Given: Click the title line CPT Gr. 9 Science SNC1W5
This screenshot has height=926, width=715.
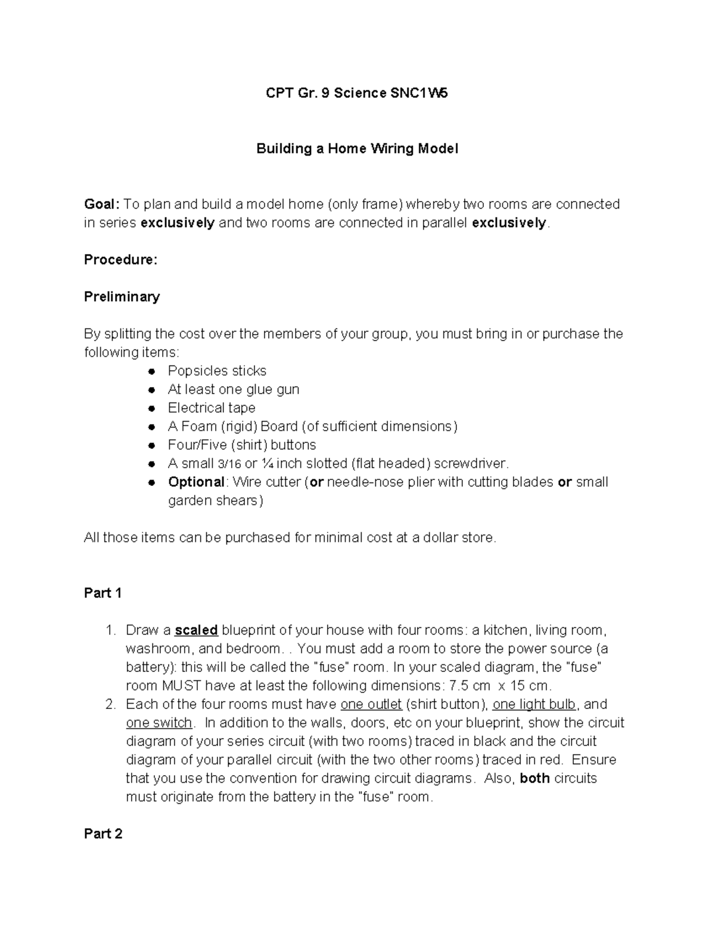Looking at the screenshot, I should point(356,93).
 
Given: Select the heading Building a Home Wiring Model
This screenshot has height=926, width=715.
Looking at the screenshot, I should point(357,148).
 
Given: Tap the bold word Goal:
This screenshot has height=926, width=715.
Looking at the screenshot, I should point(102,205).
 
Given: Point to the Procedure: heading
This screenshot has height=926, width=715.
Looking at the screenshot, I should point(121,260).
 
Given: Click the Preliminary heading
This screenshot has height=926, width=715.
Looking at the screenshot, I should point(122,297).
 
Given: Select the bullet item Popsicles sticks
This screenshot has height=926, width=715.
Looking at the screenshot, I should point(217,371).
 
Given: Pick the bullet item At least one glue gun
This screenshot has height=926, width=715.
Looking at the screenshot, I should point(234,389).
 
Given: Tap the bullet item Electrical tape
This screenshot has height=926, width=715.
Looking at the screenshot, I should point(212,408).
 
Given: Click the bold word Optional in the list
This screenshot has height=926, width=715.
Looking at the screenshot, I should point(196,482).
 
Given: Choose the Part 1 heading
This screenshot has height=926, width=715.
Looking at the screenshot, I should point(103,593).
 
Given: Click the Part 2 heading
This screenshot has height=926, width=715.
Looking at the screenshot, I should point(103,834).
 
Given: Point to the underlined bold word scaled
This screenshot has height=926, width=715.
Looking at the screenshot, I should point(197,630).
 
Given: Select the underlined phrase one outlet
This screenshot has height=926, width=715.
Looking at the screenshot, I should point(371,704).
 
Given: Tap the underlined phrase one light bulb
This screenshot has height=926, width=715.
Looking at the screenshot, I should point(534,704).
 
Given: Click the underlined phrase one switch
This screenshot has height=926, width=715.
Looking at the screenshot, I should point(158,723).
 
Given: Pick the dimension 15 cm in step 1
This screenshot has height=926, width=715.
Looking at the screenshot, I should point(528,686).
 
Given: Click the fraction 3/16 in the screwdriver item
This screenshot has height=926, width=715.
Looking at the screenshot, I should point(229,464).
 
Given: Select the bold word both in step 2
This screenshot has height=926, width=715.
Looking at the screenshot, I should point(534,778).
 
